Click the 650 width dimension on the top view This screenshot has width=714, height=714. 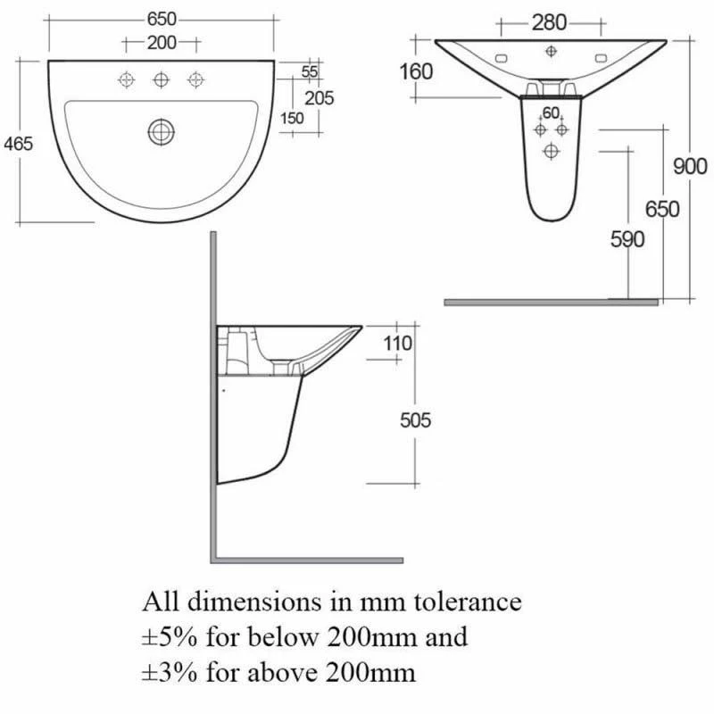coord(161,19)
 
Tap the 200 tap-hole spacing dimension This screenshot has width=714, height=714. coord(162,42)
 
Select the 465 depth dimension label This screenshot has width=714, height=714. coord(19,143)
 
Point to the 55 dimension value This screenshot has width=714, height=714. coord(310,71)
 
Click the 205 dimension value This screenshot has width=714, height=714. coord(319,98)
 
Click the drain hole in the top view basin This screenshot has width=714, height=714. coord(161,132)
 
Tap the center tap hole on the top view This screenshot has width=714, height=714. coord(161,80)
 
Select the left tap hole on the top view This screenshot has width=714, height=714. coord(126,80)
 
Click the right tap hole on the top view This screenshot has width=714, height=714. coord(195,80)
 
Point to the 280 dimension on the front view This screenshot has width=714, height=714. coord(550,23)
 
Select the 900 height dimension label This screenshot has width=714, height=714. coord(690,166)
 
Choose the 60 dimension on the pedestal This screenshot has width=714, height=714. coord(551,112)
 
